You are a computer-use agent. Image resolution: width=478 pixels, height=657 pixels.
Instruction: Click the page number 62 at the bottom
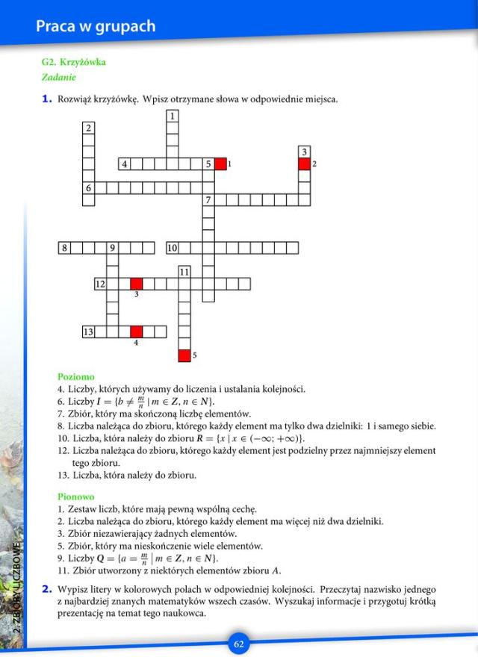click(x=239, y=644)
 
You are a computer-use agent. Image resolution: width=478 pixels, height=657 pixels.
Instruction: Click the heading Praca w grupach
click(x=96, y=26)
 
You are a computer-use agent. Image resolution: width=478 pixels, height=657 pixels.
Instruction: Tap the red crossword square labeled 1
click(x=220, y=164)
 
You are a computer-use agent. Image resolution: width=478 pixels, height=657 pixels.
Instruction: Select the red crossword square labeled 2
click(x=304, y=164)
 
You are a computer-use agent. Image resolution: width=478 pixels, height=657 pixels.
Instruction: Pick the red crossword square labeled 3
click(x=137, y=284)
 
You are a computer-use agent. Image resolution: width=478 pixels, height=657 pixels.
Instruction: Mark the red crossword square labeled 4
click(x=137, y=331)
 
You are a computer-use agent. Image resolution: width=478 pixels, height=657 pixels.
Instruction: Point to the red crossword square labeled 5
click(x=184, y=355)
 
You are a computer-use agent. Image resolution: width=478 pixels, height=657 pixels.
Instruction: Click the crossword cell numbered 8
click(x=65, y=248)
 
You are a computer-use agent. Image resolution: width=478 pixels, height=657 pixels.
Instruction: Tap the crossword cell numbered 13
click(x=89, y=331)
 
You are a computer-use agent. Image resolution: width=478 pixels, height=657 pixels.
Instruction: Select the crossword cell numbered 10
click(x=173, y=248)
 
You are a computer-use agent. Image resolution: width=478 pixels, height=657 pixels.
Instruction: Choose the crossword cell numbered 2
click(x=89, y=128)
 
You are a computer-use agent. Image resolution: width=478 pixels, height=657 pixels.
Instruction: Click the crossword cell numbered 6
click(x=89, y=188)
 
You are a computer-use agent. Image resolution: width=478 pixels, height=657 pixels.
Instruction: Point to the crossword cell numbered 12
click(x=101, y=284)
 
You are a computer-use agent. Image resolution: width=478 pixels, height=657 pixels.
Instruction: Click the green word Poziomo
click(x=76, y=376)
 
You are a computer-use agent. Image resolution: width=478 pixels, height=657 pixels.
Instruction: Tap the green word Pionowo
click(x=76, y=496)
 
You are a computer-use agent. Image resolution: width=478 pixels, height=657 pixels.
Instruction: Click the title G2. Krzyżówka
click(x=74, y=62)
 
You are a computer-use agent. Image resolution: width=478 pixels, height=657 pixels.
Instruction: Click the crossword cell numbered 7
click(x=208, y=199)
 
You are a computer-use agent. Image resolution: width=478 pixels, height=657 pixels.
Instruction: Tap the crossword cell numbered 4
click(x=125, y=164)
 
